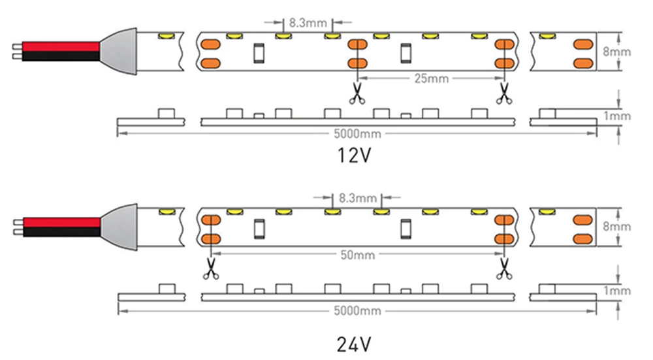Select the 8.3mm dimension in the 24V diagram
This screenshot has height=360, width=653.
pyautogui.click(x=358, y=197)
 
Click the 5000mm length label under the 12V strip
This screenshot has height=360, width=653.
pyautogui.click(x=357, y=135)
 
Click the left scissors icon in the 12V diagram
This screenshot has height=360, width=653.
pyautogui.click(x=357, y=93)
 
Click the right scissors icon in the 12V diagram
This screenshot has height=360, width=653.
pyautogui.click(x=503, y=93)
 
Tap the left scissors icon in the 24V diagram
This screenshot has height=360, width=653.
pyautogui.click(x=210, y=269)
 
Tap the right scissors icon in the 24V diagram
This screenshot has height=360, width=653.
pyautogui.click(x=503, y=269)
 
